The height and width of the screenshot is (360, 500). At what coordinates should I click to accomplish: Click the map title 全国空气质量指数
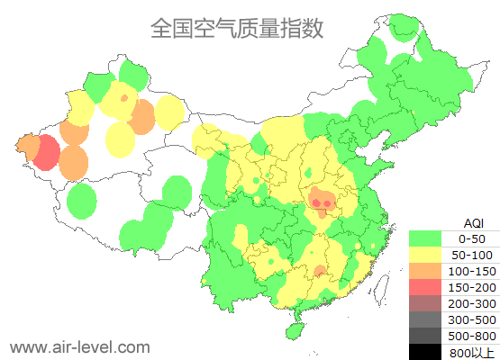coord(237,29)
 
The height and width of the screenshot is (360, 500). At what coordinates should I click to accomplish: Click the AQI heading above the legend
coord(473,222)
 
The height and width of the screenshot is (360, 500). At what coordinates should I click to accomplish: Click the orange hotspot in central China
coord(322,202)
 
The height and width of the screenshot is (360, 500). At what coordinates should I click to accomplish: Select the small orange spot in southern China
coord(320,271)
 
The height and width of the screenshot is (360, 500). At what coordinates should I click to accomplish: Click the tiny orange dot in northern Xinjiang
coord(123,97)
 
